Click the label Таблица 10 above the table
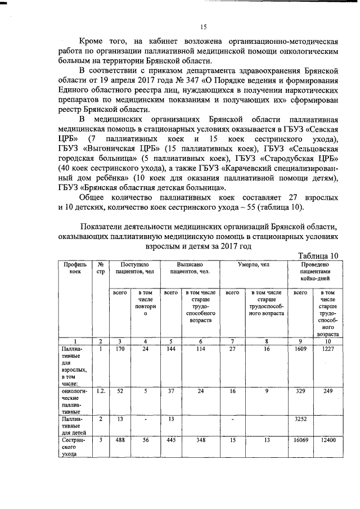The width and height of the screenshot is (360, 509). (317, 255)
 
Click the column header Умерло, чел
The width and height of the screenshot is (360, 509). (253, 264)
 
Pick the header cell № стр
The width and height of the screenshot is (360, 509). (100, 268)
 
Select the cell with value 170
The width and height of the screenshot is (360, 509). (119, 349)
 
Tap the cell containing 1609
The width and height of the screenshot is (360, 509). (300, 349)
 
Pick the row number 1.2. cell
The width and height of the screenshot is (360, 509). (100, 390)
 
